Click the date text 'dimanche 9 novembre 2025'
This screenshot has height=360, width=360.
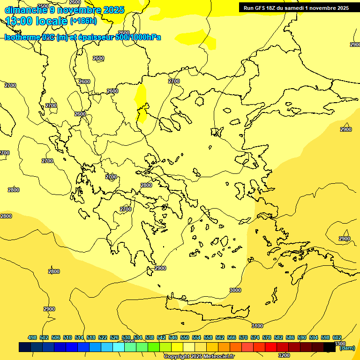point(64,10)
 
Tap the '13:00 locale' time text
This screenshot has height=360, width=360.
point(37,21)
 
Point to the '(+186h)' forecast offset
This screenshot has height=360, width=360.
point(83,21)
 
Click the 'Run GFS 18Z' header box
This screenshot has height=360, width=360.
point(296,8)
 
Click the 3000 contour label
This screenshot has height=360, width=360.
point(235,290)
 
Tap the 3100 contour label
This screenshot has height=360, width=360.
point(257,326)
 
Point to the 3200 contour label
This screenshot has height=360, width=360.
point(284,355)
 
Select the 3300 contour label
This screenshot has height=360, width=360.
point(340,344)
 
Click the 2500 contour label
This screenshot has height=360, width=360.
point(43,6)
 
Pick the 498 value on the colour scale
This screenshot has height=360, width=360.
point(32,337)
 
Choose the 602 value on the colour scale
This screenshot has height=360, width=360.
point(337,337)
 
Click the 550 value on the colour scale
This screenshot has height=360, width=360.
point(185,337)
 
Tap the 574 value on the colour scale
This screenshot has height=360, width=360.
point(255,337)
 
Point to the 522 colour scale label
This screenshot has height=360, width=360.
point(103,337)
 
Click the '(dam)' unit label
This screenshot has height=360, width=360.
point(347,348)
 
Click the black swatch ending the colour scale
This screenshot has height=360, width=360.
point(330,347)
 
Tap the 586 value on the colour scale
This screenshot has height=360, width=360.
point(290,337)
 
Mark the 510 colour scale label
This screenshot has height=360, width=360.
point(67,337)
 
